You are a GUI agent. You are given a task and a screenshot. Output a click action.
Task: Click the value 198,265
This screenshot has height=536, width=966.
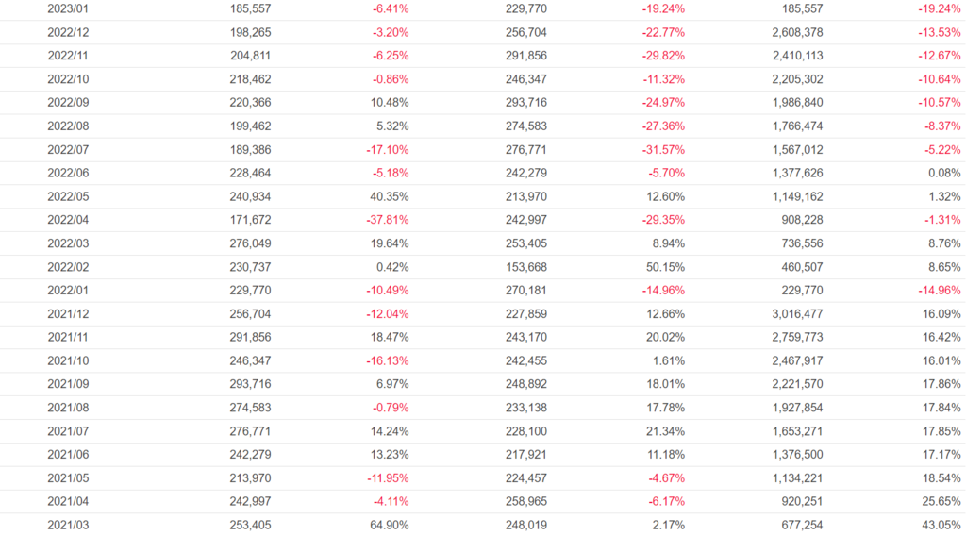(250, 32)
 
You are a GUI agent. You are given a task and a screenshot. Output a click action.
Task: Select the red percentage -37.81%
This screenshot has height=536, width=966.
(387, 220)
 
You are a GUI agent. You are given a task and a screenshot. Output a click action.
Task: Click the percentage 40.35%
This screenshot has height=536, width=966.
(389, 196)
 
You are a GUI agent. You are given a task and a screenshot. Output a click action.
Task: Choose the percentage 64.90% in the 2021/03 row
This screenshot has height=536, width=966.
(389, 525)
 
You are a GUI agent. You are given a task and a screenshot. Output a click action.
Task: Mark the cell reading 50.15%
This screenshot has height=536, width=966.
(665, 267)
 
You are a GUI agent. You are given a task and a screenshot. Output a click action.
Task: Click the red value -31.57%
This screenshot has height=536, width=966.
(663, 149)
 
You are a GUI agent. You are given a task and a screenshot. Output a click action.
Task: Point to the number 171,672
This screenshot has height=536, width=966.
(250, 220)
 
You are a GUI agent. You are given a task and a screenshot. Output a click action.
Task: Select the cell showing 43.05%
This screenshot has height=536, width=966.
(941, 525)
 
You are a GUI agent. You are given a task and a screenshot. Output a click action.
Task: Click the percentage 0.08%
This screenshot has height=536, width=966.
(943, 173)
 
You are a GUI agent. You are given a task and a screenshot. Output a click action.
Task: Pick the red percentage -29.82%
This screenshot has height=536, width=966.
(663, 56)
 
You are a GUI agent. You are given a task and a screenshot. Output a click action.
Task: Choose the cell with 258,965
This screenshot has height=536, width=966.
(526, 501)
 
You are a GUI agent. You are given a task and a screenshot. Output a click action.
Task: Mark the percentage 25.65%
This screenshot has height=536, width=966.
(941, 501)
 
